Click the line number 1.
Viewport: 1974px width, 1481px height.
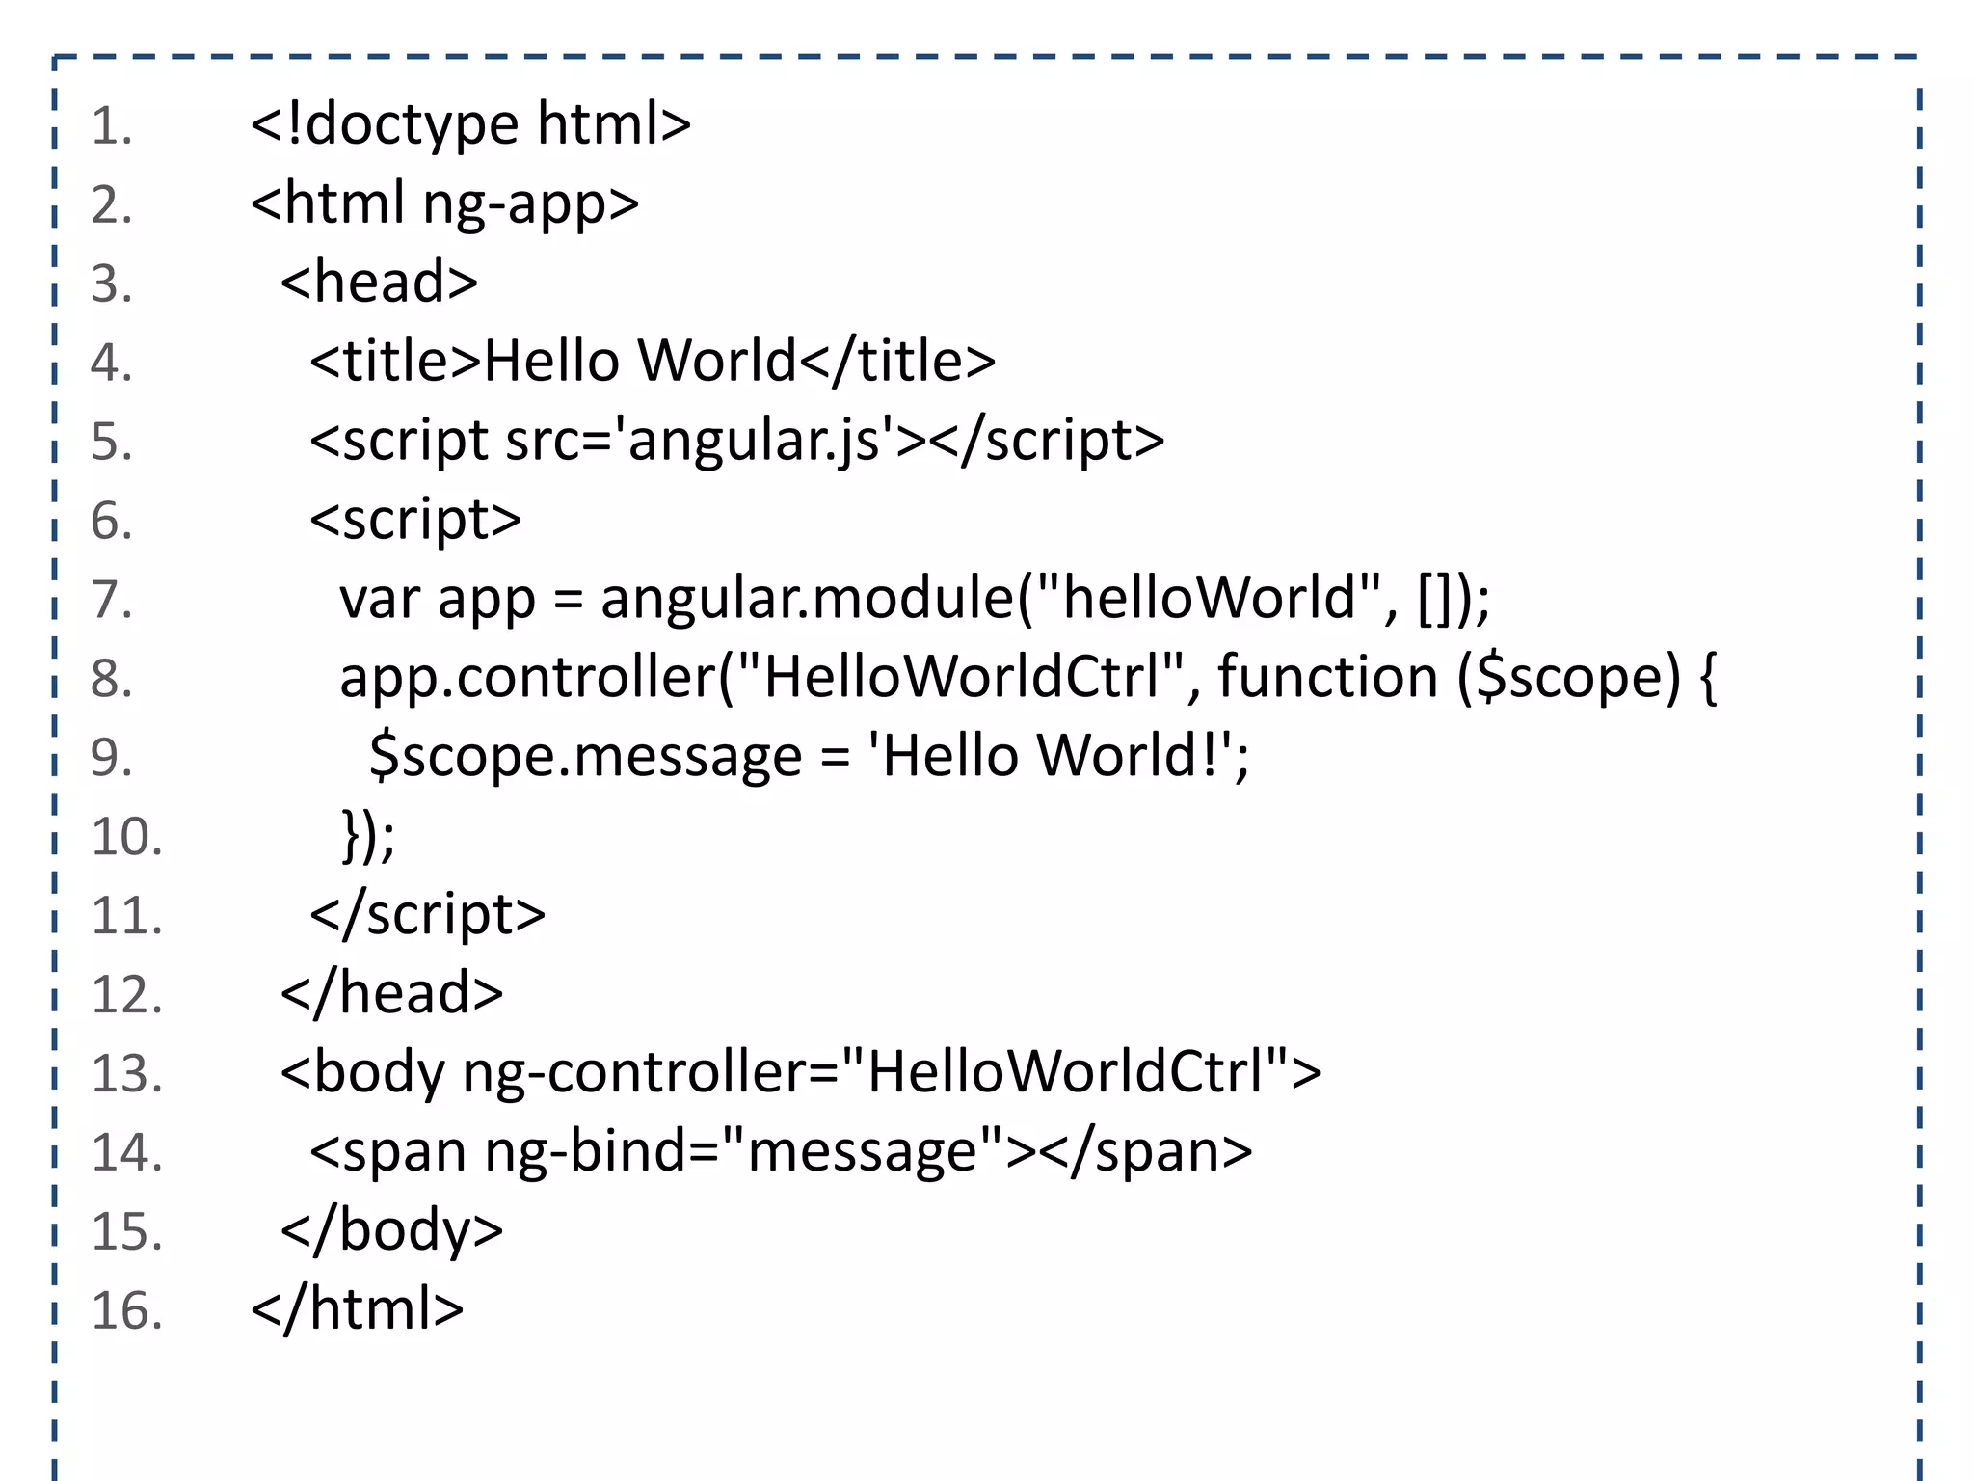click(111, 127)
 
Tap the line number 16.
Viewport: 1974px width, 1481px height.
click(126, 1311)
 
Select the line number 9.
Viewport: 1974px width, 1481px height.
click(111, 758)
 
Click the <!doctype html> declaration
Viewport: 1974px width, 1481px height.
click(470, 125)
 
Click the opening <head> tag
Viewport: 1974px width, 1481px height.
click(379, 283)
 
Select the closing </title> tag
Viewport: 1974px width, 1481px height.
click(897, 362)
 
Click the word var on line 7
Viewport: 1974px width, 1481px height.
click(380, 599)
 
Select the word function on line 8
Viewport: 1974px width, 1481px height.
click(1327, 678)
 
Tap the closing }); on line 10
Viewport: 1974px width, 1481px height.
click(368, 836)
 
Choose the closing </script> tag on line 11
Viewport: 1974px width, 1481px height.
click(427, 915)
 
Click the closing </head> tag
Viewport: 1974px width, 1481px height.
click(391, 994)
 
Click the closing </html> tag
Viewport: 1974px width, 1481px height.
click(358, 1310)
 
